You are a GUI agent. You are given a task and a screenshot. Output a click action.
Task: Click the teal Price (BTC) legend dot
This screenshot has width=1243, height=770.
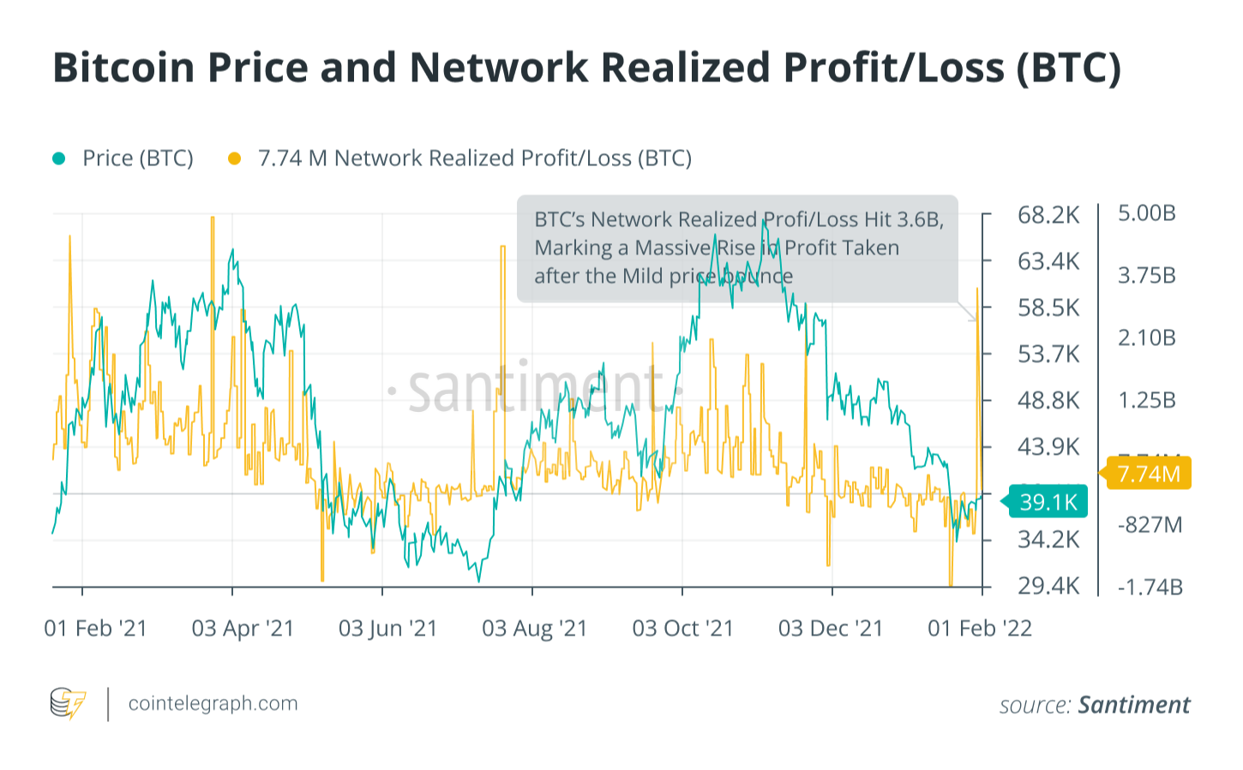click(x=59, y=158)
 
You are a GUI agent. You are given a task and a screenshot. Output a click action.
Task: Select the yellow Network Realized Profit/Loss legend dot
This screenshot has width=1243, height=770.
click(x=234, y=158)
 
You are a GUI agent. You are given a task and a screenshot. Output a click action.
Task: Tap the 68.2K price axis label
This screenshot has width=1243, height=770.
click(x=1048, y=215)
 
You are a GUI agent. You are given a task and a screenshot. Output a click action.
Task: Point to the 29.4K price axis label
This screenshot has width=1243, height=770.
click(x=1048, y=587)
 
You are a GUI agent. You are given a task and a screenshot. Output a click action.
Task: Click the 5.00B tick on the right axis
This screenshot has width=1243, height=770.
click(x=1146, y=213)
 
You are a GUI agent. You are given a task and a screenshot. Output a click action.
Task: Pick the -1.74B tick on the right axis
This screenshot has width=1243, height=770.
click(x=1150, y=587)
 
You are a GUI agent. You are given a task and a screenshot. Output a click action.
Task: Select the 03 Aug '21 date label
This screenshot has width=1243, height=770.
click(x=534, y=629)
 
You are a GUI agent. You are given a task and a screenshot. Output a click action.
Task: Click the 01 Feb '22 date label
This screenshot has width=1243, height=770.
click(x=980, y=629)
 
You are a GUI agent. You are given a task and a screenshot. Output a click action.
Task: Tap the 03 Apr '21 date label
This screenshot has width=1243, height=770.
click(x=243, y=629)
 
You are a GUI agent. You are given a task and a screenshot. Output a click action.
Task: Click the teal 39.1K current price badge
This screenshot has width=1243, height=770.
click(x=1048, y=502)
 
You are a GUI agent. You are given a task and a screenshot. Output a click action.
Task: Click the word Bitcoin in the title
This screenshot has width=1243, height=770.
click(x=123, y=68)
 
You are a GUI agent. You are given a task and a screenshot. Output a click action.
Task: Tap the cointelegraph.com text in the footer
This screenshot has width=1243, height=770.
click(x=213, y=704)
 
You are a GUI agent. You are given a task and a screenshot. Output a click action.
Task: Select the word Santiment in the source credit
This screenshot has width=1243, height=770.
click(x=1133, y=705)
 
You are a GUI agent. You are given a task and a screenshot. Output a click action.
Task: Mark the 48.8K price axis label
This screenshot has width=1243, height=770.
click(x=1048, y=401)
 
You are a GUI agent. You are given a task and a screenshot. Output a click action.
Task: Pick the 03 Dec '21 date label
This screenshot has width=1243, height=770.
click(x=830, y=629)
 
